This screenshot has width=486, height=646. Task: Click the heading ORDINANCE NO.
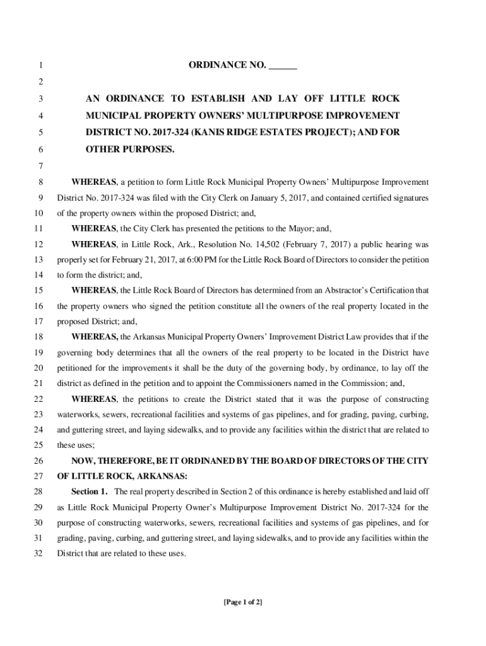coord(227,66)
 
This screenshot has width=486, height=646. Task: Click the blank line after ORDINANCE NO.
coord(283,66)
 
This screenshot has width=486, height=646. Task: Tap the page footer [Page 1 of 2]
coord(242,602)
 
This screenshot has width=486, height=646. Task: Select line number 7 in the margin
coord(40,166)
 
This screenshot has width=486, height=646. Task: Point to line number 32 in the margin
coord(39,554)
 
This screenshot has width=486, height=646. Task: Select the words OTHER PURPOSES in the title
coord(130,150)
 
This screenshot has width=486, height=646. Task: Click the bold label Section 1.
coord(90,491)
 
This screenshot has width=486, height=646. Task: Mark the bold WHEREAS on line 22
coord(93,399)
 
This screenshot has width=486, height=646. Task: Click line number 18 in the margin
coord(39,337)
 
